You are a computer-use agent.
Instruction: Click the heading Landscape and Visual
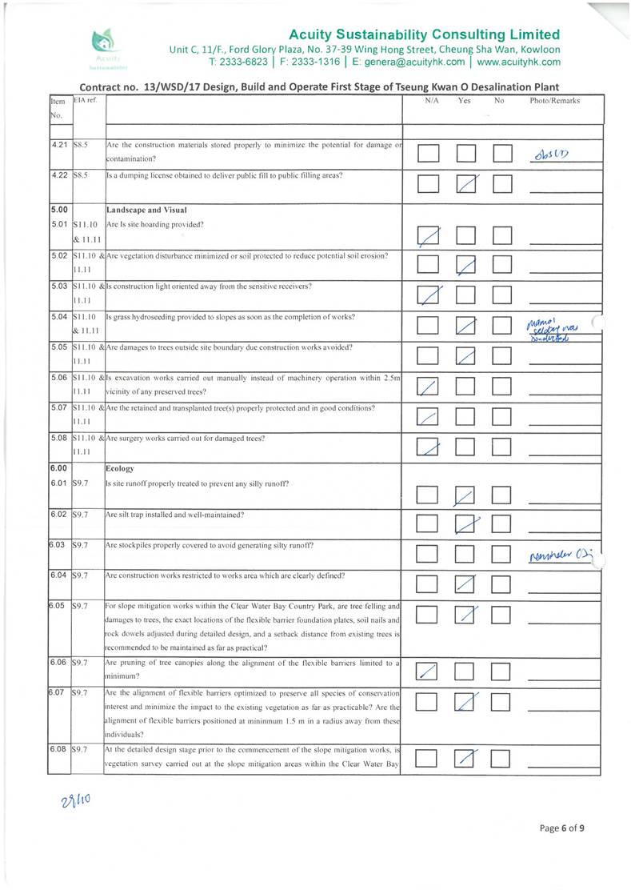click(x=141, y=209)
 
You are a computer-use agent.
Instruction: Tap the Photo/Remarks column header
click(x=554, y=102)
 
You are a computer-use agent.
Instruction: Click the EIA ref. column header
click(x=85, y=102)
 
